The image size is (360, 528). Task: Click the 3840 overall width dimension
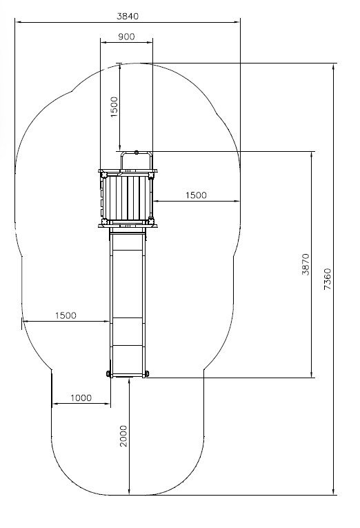[128, 16]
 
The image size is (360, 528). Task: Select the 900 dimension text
[126, 37]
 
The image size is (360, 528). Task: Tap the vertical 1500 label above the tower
[114, 107]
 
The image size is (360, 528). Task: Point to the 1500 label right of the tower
[196, 195]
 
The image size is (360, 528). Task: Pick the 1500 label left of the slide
[66, 315]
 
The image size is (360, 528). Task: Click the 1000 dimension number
[81, 398]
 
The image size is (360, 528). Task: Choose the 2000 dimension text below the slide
[124, 436]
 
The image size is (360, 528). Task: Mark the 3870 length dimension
[306, 264]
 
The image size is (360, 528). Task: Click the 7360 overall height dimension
[328, 279]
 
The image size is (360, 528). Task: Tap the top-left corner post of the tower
[103, 175]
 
